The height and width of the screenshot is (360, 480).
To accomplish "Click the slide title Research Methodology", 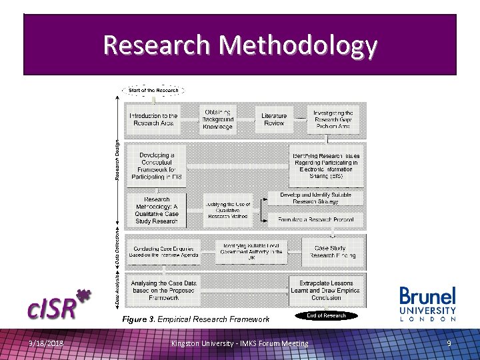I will [x=240, y=45].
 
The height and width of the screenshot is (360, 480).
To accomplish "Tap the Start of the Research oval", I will [x=153, y=90].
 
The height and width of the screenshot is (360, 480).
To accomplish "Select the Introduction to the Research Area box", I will [x=154, y=119].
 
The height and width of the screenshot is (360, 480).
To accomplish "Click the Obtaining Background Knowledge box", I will [x=218, y=119].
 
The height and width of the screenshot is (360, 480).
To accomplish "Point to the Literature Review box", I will [x=274, y=119].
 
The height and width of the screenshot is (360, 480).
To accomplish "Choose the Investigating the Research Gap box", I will [x=333, y=119].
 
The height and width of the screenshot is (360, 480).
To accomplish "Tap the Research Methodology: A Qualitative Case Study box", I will [x=157, y=209].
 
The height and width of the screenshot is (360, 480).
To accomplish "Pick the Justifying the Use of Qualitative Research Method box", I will [x=227, y=209].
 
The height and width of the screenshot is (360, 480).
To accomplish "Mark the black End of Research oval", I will [x=326, y=315].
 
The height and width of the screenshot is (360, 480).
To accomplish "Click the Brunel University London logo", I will [x=427, y=304].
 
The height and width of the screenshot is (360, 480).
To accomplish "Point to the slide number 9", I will [x=449, y=343].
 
